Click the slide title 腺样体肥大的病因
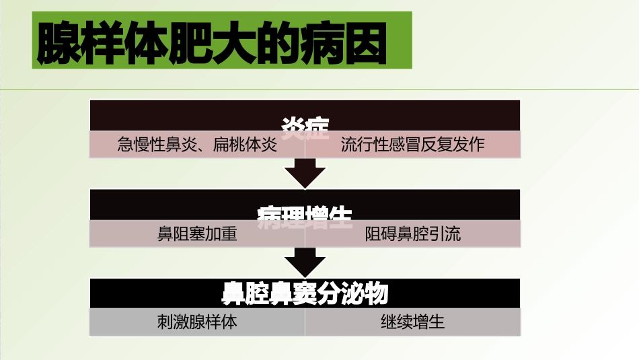click(x=212, y=44)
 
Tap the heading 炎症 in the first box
click(x=305, y=126)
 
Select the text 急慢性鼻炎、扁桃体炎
click(x=197, y=145)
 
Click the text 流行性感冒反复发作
click(x=412, y=145)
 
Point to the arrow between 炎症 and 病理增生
click(x=305, y=173)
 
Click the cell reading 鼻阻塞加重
click(x=197, y=234)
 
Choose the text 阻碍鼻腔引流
click(x=412, y=234)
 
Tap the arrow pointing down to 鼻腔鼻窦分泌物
click(x=305, y=262)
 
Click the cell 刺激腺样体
click(x=197, y=322)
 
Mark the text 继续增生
click(x=412, y=322)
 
